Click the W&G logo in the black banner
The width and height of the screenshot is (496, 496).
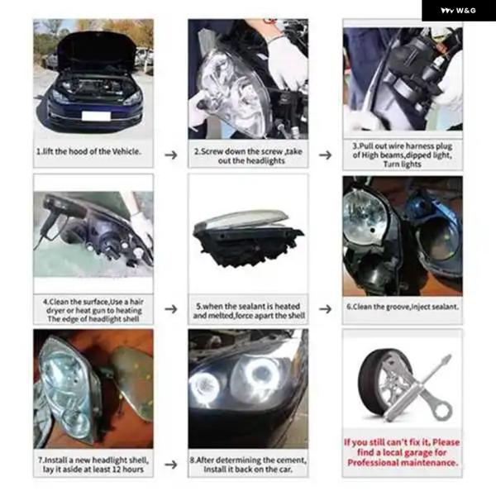click(458, 11)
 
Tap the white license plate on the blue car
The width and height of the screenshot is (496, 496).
click(96, 116)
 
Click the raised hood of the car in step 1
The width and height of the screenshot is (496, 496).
click(96, 50)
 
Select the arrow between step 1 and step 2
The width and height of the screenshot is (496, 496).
click(171, 155)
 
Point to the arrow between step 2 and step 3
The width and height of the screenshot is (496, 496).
click(325, 155)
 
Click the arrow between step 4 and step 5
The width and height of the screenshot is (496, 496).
click(171, 308)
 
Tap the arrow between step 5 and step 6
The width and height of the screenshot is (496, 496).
click(325, 308)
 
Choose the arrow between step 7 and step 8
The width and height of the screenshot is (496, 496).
click(171, 465)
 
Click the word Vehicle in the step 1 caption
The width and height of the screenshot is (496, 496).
click(126, 151)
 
